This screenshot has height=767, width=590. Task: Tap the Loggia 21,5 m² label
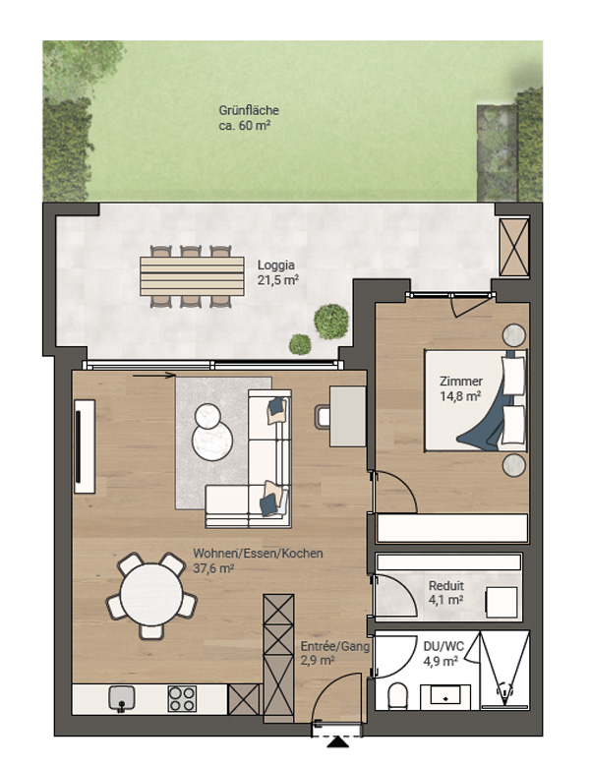[x=278, y=272]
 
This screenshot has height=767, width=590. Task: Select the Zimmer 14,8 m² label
[x=460, y=388]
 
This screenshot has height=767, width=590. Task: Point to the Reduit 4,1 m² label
[x=445, y=592]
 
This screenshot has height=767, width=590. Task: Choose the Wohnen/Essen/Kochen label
[x=258, y=554]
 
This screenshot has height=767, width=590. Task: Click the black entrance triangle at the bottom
[x=338, y=742]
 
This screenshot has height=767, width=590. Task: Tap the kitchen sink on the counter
[x=122, y=698]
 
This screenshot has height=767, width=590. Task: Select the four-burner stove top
[x=182, y=698]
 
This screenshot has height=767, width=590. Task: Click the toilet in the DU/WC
[x=397, y=696]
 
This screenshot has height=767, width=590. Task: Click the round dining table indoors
[x=151, y=594]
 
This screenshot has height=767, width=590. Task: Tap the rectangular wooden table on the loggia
[x=192, y=276]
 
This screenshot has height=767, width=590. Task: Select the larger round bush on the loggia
[x=331, y=322]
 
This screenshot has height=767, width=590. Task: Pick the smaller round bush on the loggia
[x=300, y=344]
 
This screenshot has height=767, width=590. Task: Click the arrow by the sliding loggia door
[x=153, y=376]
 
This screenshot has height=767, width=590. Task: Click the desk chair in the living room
[x=323, y=417]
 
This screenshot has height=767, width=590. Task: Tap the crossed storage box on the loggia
[x=514, y=247]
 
